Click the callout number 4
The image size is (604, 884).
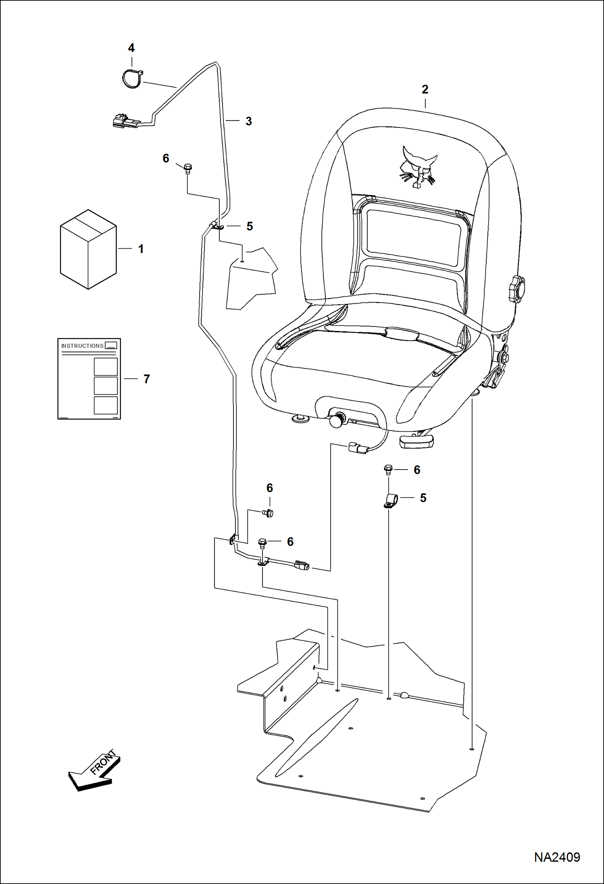click(131, 48)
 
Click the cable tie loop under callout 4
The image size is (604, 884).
click(132, 79)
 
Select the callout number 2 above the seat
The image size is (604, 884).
click(425, 89)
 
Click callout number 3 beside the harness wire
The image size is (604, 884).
click(248, 121)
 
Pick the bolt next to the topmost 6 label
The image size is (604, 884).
click(187, 168)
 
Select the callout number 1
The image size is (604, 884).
click(141, 249)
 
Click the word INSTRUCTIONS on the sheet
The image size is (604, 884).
click(82, 346)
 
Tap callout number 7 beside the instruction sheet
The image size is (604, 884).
click(146, 379)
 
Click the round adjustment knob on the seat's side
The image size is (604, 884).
click(516, 288)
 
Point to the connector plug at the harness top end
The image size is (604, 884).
click(123, 121)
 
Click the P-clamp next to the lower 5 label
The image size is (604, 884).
click(391, 501)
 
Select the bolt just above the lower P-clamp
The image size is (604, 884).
click(388, 469)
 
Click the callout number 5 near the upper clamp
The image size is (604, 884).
click(250, 226)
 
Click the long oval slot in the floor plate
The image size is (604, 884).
click(317, 737)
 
